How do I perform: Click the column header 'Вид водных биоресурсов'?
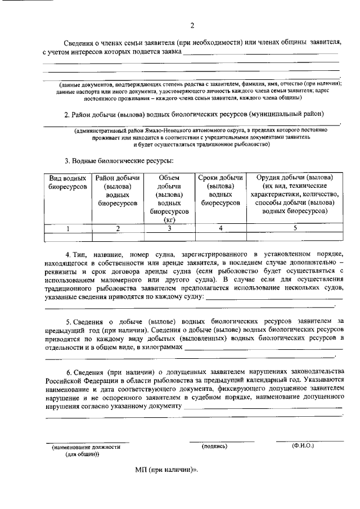(x=68, y=182)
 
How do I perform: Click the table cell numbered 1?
(x=68, y=228)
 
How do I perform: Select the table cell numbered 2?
(x=118, y=228)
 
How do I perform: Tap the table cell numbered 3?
(x=169, y=228)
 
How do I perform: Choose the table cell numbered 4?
(x=220, y=228)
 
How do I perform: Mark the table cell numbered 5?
(x=295, y=228)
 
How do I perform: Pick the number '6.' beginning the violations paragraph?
(x=69, y=372)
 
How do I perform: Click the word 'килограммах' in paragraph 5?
(x=164, y=348)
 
